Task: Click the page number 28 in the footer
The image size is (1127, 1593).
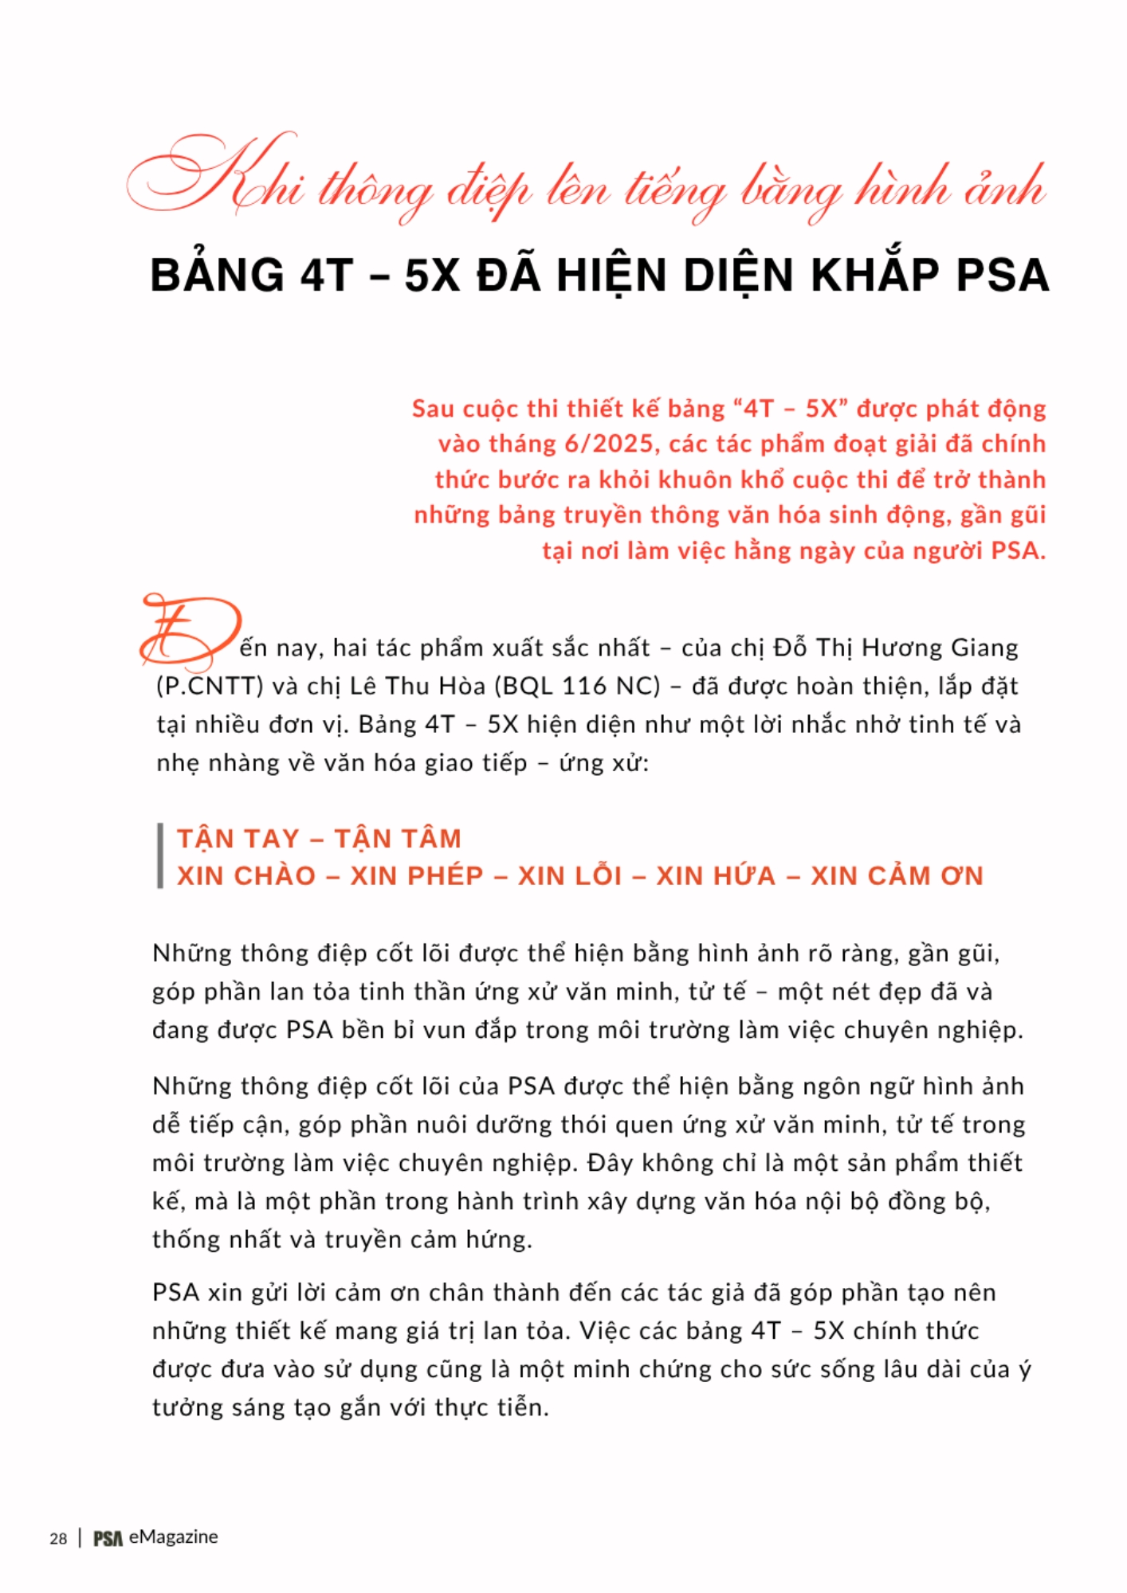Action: [58, 1538]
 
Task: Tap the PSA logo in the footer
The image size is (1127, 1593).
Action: [108, 1538]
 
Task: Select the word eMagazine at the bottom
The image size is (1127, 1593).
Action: [173, 1536]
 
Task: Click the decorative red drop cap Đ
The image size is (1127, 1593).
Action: [190, 632]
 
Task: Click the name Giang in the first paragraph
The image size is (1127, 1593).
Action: [985, 648]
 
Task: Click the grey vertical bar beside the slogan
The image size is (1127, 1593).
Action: [160, 856]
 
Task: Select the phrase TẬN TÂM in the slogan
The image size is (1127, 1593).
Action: [398, 839]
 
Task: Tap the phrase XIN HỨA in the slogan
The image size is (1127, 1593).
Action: [716, 876]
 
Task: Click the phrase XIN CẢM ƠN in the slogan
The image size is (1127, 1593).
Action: [897, 876]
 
